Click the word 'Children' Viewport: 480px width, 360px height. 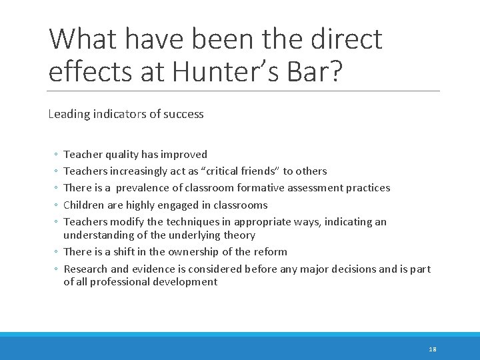click(83, 205)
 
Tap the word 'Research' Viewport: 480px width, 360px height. click(85, 269)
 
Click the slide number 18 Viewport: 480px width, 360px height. click(433, 349)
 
